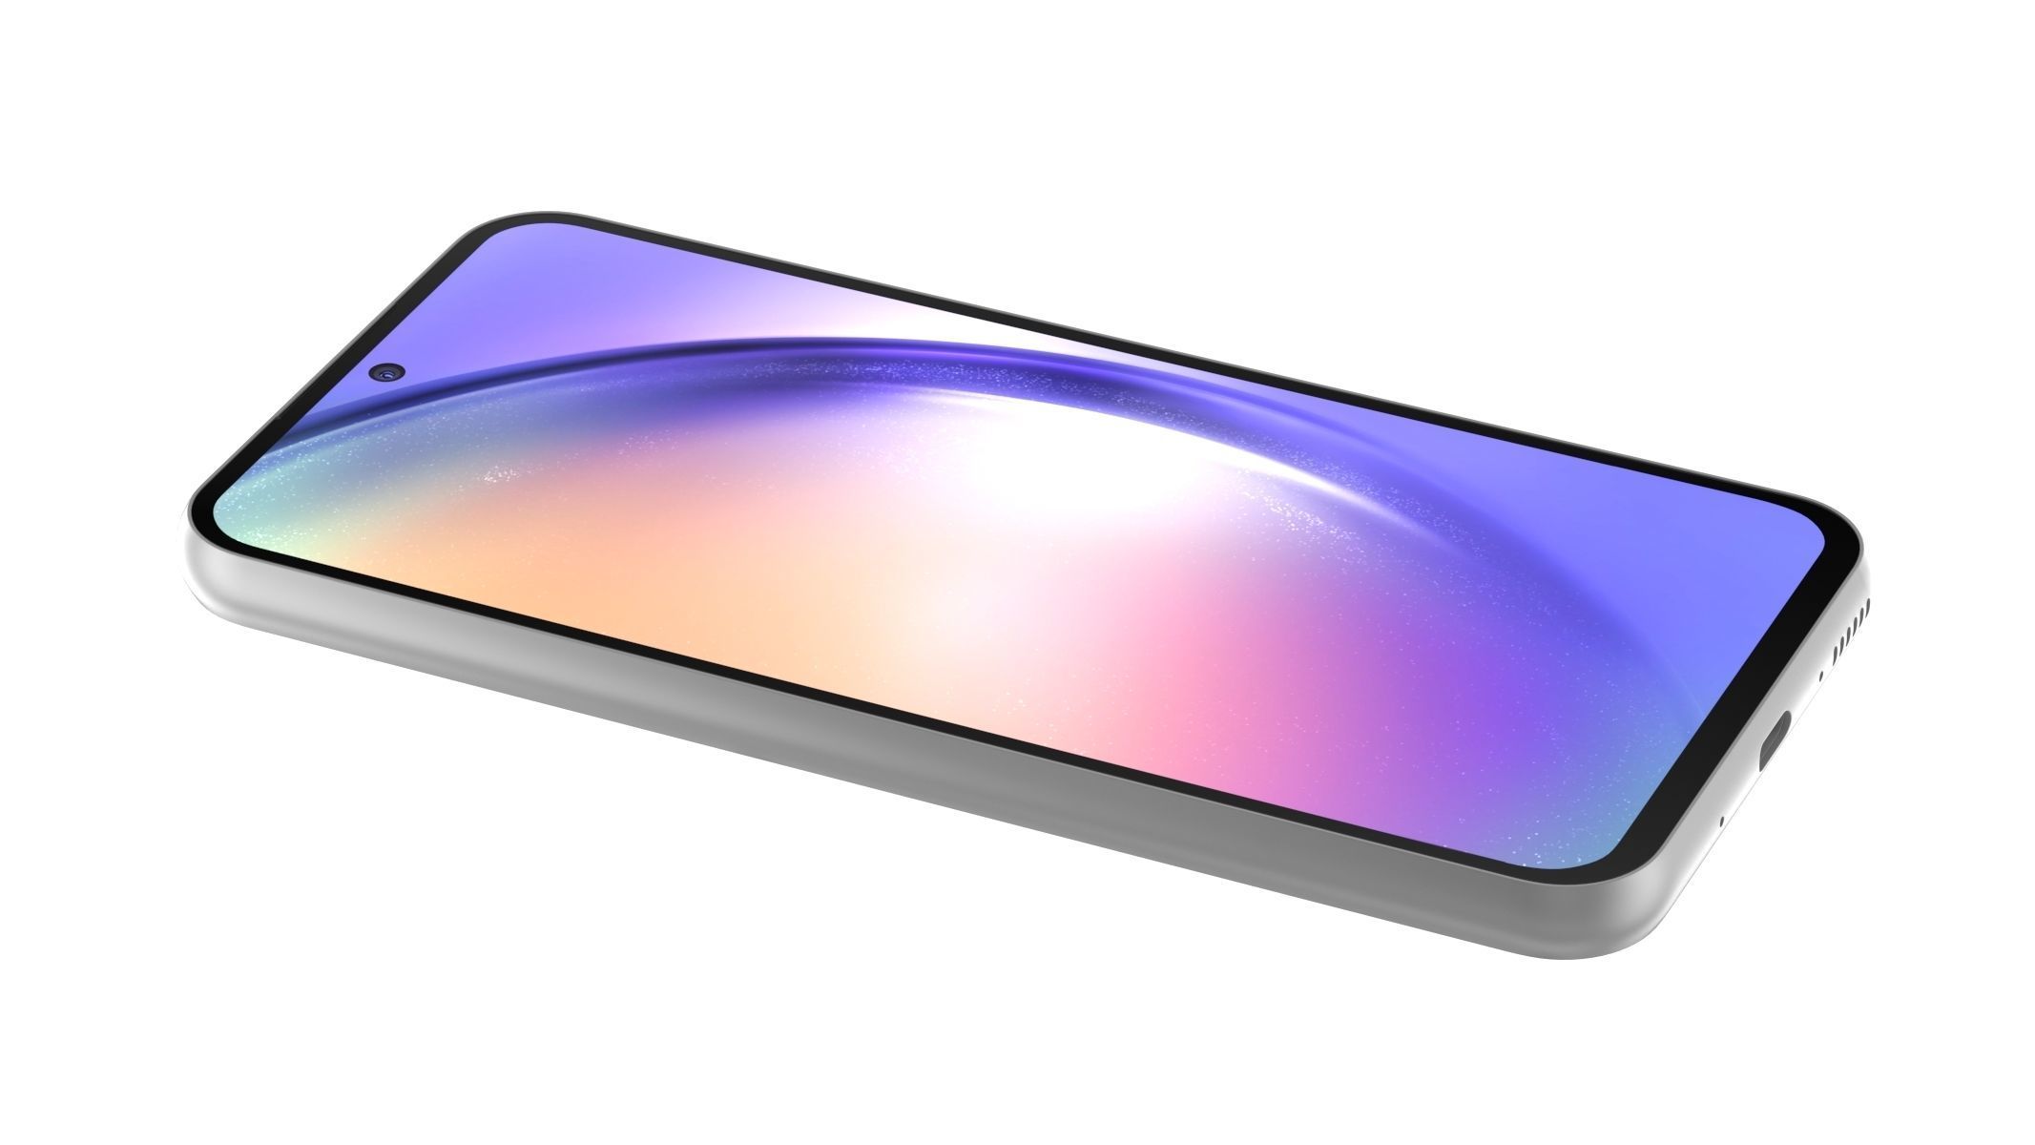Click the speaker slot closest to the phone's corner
tap(1863, 603)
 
